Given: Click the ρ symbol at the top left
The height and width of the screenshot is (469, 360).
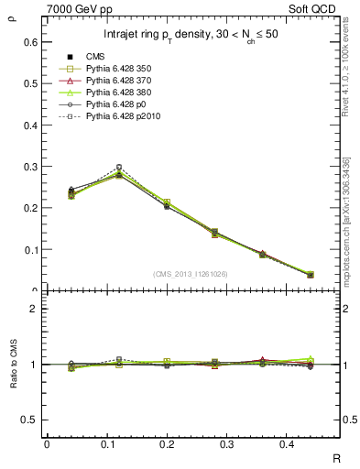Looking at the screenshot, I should [x=11, y=14].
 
